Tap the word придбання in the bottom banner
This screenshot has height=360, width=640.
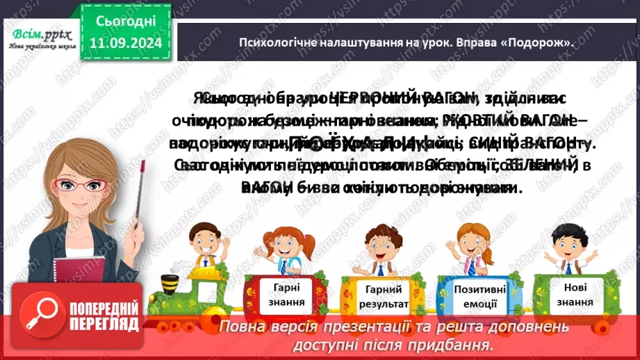(463, 344)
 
